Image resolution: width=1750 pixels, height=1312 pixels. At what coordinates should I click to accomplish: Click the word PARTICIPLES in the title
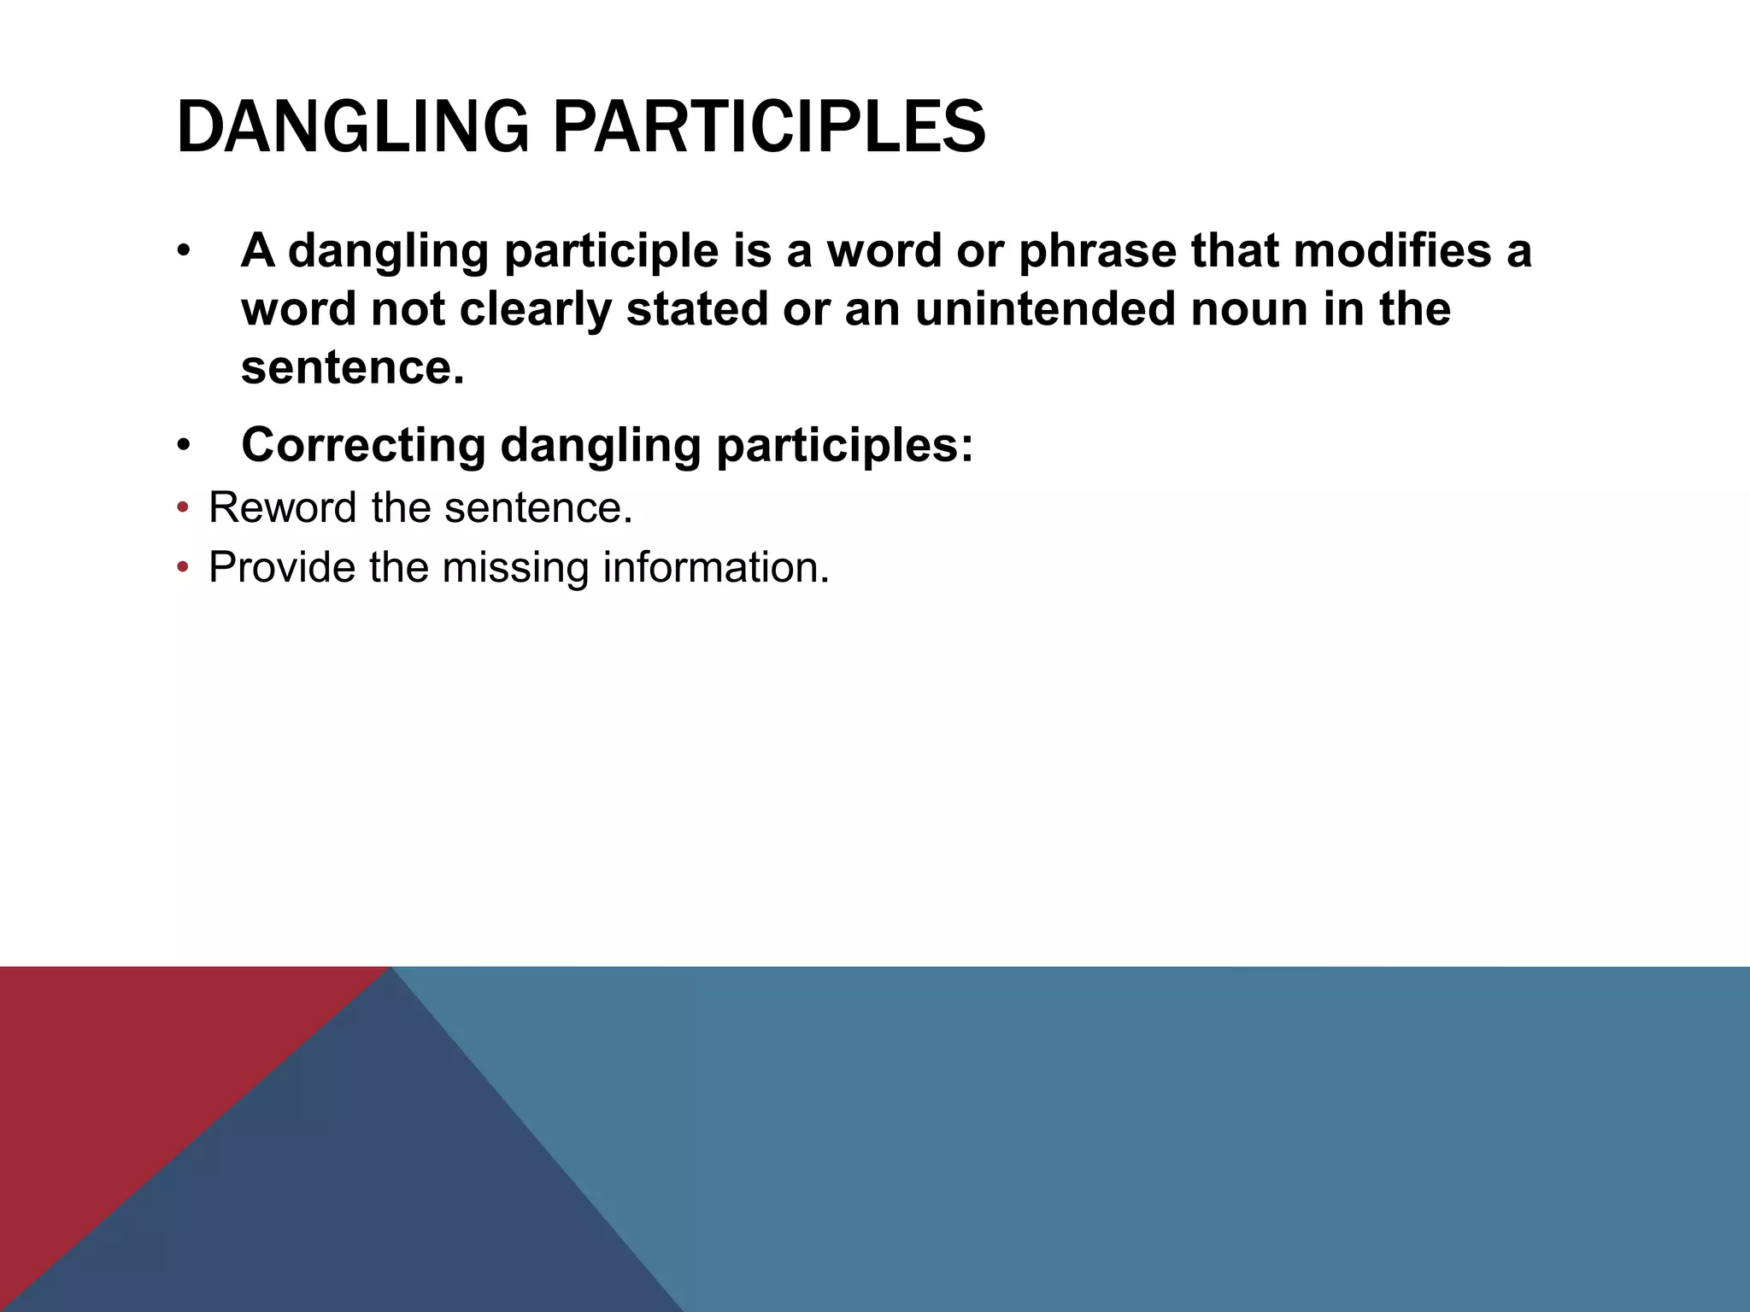pyautogui.click(x=769, y=128)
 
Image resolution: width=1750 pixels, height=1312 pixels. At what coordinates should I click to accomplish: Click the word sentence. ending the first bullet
pyautogui.click(x=352, y=367)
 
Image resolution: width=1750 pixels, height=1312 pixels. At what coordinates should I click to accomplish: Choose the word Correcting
pyautogui.click(x=363, y=445)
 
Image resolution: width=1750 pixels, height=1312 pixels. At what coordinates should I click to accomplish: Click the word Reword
pyautogui.click(x=283, y=508)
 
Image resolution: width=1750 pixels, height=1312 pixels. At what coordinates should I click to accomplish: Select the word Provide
pyautogui.click(x=282, y=567)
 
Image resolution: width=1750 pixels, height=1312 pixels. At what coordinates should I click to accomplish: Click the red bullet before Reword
pyautogui.click(x=181, y=509)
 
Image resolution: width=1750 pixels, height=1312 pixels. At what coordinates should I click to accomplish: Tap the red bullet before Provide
pyautogui.click(x=181, y=568)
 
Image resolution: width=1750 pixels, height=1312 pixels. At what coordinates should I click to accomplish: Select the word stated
pyautogui.click(x=697, y=309)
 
